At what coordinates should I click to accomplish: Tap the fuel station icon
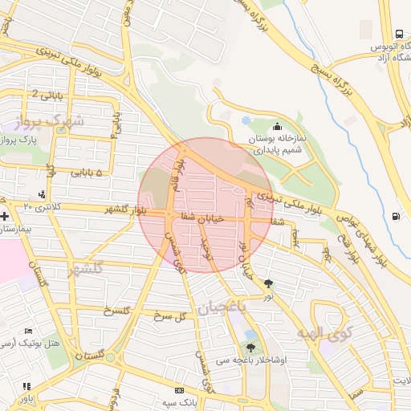pyautogui.click(x=397, y=216)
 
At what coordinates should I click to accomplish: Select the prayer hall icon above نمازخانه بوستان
pyautogui.click(x=277, y=125)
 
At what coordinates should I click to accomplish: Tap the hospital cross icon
pyautogui.click(x=6, y=216)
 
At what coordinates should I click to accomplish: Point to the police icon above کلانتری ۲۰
pyautogui.click(x=42, y=193)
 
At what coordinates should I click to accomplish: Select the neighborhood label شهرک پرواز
pyautogui.click(x=55, y=123)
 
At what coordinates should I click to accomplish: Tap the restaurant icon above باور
pyautogui.click(x=26, y=385)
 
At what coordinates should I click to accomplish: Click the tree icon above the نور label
pyautogui.click(x=267, y=283)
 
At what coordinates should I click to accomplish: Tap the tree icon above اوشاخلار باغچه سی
pyautogui.click(x=251, y=348)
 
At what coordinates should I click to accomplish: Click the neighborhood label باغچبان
pyautogui.click(x=208, y=307)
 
